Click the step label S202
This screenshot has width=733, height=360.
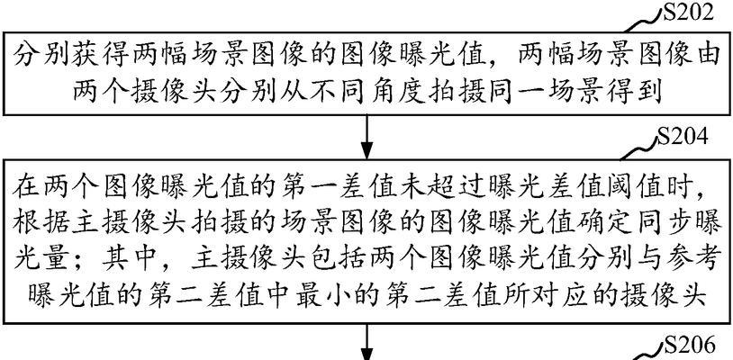689,13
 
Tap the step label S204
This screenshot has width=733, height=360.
682,138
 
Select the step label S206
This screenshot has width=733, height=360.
690,346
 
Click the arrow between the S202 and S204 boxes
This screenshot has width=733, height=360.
367,137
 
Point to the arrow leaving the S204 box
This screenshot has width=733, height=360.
367,342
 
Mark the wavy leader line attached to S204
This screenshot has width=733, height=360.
638,148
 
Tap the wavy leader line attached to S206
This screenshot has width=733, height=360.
647,354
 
